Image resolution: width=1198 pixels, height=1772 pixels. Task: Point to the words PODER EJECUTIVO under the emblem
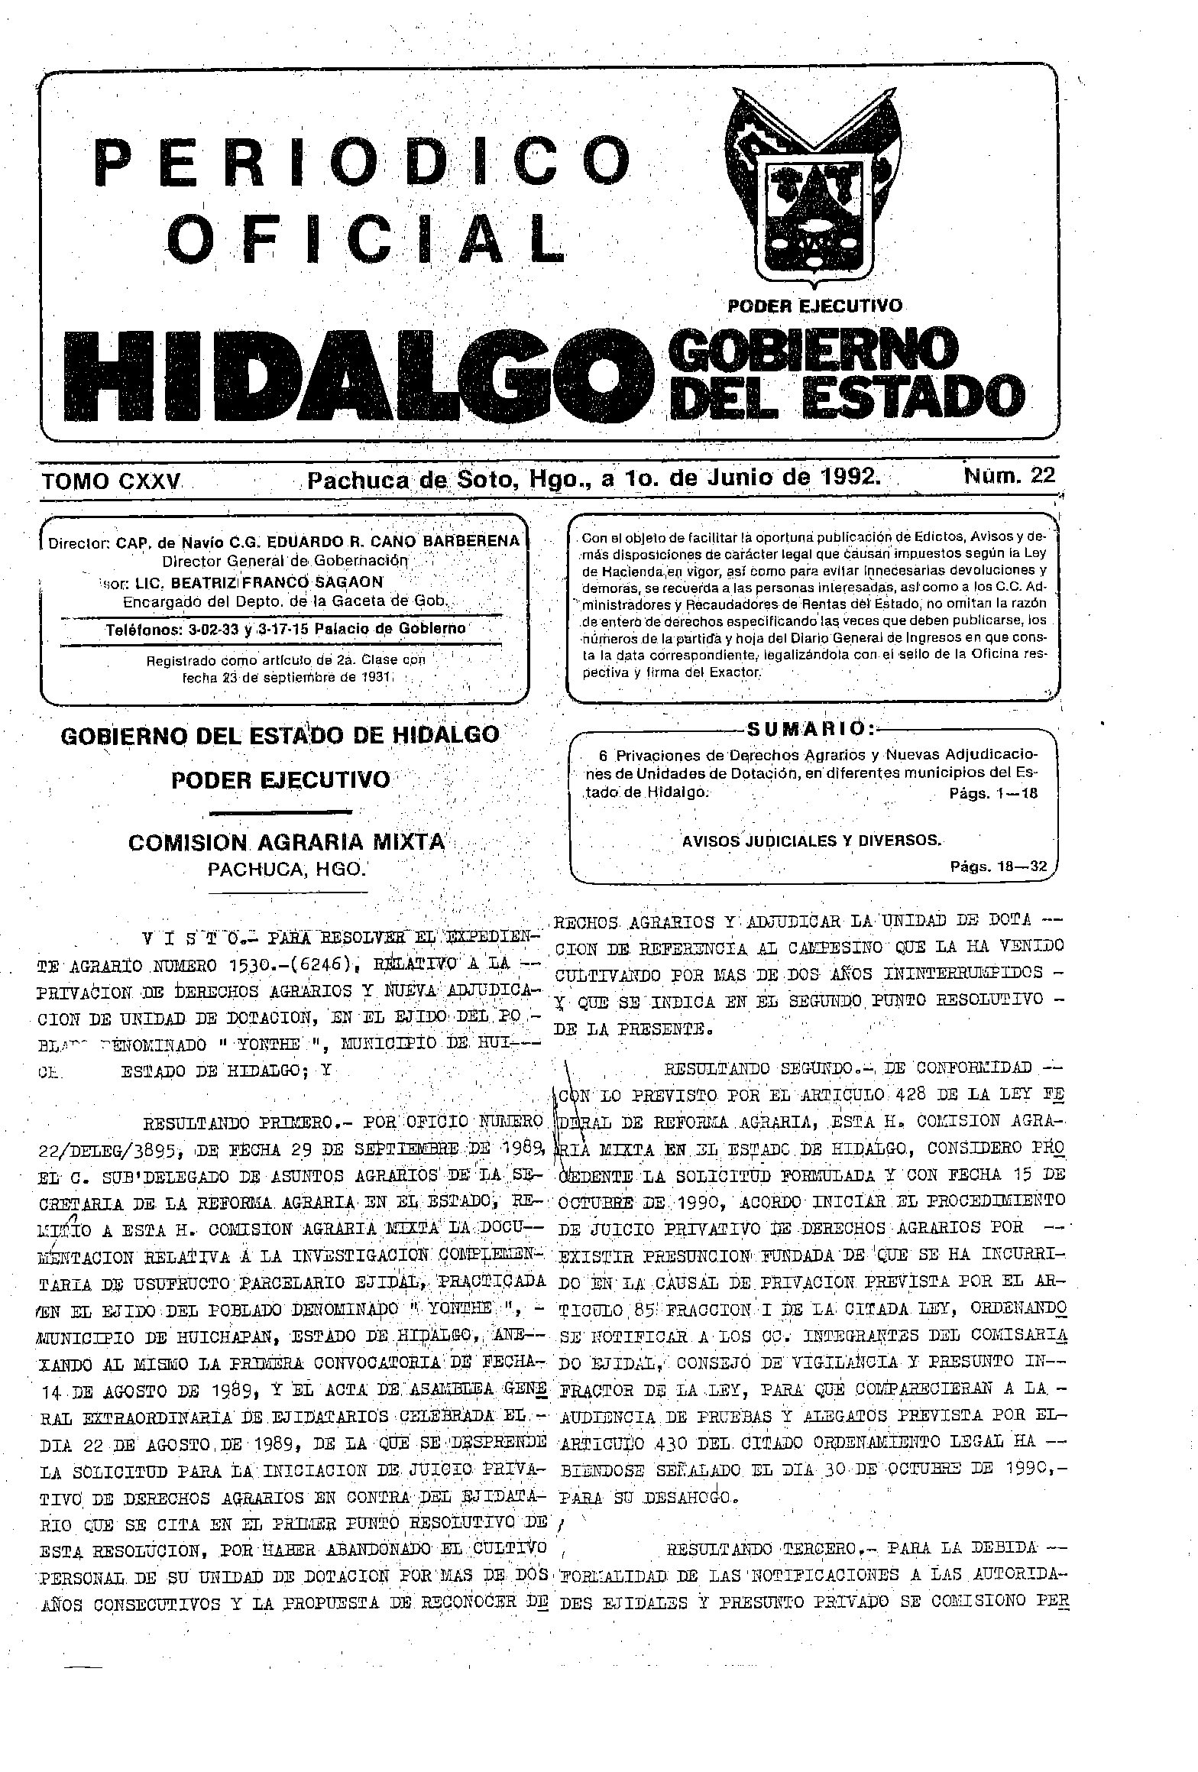pyautogui.click(x=814, y=306)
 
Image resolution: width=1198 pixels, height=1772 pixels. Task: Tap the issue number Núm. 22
pyautogui.click(x=1009, y=476)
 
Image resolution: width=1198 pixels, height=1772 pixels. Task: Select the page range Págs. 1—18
pyautogui.click(x=993, y=794)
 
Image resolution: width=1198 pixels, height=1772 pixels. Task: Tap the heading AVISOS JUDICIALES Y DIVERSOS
pyautogui.click(x=811, y=841)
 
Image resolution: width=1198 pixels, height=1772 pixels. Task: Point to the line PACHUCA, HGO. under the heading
pyautogui.click(x=287, y=869)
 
